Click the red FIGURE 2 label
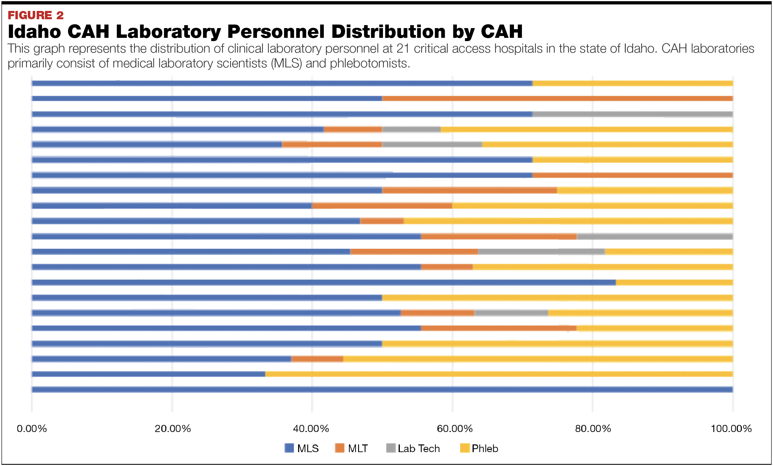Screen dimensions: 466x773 click(x=35, y=15)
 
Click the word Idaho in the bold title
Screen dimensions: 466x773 click(x=34, y=32)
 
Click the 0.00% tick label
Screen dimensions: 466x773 click(x=32, y=428)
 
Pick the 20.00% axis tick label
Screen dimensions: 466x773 click(x=172, y=428)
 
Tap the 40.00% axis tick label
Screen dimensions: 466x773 click(x=311, y=428)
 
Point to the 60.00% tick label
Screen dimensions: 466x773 click(x=455, y=428)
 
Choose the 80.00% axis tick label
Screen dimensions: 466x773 click(x=593, y=428)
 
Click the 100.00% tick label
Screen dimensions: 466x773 click(x=731, y=428)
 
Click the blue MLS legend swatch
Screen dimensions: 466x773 click(x=289, y=448)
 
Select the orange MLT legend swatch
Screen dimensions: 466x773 click(x=339, y=448)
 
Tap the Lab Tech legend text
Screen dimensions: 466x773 click(x=418, y=449)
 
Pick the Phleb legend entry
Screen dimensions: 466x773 click(x=484, y=449)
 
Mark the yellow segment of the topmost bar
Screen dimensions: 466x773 click(x=633, y=83)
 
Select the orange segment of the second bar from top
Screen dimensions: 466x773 click(x=557, y=98)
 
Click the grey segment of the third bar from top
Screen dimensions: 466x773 click(x=633, y=114)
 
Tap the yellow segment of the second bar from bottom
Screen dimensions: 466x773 click(x=499, y=374)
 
